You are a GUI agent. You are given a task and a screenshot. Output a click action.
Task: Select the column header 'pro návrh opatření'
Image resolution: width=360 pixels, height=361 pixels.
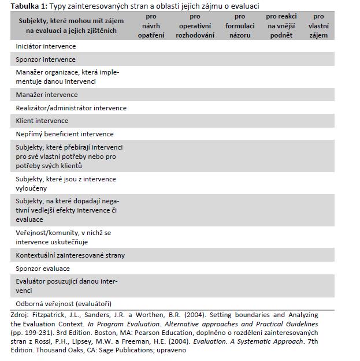click(151, 26)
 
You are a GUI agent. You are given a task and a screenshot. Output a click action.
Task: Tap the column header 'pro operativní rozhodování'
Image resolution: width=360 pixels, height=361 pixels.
click(195, 26)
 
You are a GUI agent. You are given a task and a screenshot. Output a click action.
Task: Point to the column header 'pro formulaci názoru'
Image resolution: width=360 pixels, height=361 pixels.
click(240, 26)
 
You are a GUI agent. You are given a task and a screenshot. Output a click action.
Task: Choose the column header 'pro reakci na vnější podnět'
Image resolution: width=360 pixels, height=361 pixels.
click(281, 26)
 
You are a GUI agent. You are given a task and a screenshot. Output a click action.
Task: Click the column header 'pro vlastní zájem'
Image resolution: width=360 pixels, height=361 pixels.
click(318, 26)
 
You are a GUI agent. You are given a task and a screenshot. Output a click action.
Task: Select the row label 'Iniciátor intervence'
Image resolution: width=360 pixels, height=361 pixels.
click(47, 46)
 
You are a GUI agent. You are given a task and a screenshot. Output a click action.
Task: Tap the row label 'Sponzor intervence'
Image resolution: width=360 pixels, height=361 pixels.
click(46, 59)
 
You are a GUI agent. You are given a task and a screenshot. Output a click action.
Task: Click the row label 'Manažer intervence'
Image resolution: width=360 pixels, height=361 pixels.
click(47, 95)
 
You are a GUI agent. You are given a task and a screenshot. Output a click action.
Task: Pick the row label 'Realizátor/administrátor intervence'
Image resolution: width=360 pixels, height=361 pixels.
click(71, 108)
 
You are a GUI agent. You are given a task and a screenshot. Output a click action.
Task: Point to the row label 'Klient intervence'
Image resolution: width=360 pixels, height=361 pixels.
click(42, 121)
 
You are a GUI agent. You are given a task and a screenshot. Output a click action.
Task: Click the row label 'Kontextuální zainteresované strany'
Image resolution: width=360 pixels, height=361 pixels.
click(70, 255)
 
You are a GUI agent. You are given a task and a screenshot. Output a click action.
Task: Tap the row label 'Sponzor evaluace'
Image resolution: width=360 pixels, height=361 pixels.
click(43, 269)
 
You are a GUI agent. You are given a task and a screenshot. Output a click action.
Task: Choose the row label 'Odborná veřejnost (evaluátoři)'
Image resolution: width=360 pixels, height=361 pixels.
click(64, 304)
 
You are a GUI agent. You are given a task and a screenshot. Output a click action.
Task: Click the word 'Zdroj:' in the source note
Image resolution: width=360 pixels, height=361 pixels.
click(20, 315)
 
